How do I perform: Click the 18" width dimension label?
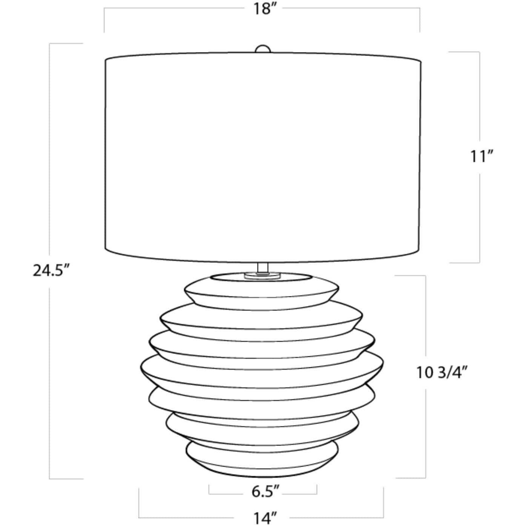point(262,9)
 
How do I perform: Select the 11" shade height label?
point(482,156)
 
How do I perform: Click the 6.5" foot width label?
point(266,492)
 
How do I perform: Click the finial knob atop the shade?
point(262,50)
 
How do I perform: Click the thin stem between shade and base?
point(262,267)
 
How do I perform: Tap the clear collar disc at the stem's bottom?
point(262,276)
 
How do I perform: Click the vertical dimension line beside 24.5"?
point(50,151)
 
